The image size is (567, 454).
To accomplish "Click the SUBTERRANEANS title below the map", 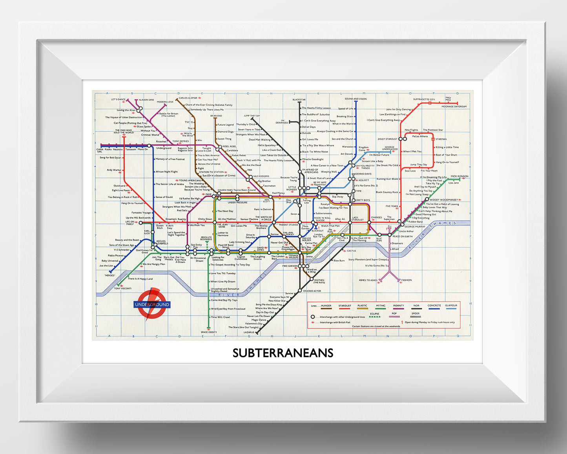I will click(x=283, y=353).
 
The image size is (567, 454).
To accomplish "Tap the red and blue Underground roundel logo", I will click(x=152, y=304).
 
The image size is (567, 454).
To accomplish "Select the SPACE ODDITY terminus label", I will click(x=209, y=332).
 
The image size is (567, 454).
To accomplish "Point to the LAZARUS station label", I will click(x=249, y=332).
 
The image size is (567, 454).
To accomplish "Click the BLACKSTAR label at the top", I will click(x=299, y=100).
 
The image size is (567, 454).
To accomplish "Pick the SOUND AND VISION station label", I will click(x=356, y=99).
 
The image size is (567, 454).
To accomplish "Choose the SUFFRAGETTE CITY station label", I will click(x=424, y=99).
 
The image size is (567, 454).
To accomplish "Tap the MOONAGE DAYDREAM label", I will click(x=454, y=106).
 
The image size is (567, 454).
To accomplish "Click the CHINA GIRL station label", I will click(x=100, y=150).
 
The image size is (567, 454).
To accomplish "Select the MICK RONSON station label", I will click(x=459, y=176).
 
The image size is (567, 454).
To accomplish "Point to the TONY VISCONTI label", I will click(x=122, y=289).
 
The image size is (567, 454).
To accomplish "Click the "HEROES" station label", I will click(x=109, y=275).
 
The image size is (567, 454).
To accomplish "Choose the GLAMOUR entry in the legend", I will click(x=451, y=306).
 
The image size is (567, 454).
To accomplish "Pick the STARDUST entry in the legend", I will click(x=345, y=306).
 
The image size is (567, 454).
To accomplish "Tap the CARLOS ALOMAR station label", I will click(x=188, y=98).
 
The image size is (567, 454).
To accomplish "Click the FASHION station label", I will click(x=407, y=280).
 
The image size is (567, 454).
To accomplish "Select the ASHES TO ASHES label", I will click(x=368, y=280).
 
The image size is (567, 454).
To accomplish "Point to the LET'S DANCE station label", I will click(x=118, y=99).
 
